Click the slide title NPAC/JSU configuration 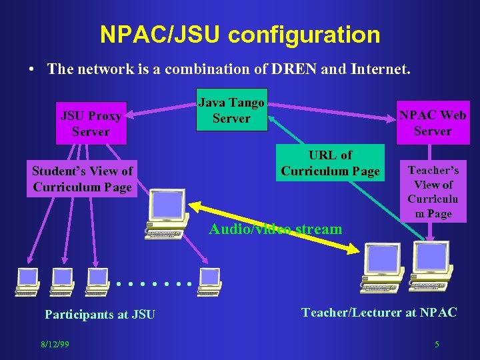(x=240, y=35)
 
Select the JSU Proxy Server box (x=91, y=123)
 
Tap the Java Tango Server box (x=231, y=110)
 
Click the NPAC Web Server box (x=433, y=123)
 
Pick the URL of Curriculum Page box (x=330, y=163)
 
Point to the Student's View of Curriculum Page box (x=82, y=179)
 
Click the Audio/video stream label (x=275, y=229)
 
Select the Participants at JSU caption (x=99, y=314)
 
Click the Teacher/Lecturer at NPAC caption (x=379, y=311)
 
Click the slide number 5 (x=437, y=344)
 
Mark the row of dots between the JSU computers (x=153, y=284)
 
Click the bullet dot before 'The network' (x=31, y=69)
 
